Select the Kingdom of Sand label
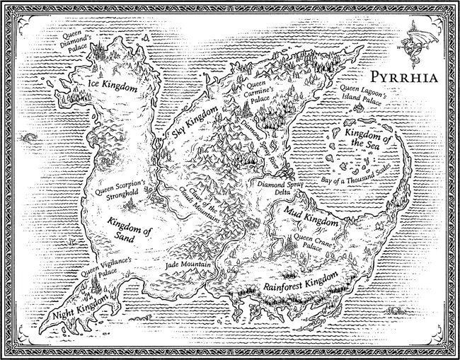pos(132,228)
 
